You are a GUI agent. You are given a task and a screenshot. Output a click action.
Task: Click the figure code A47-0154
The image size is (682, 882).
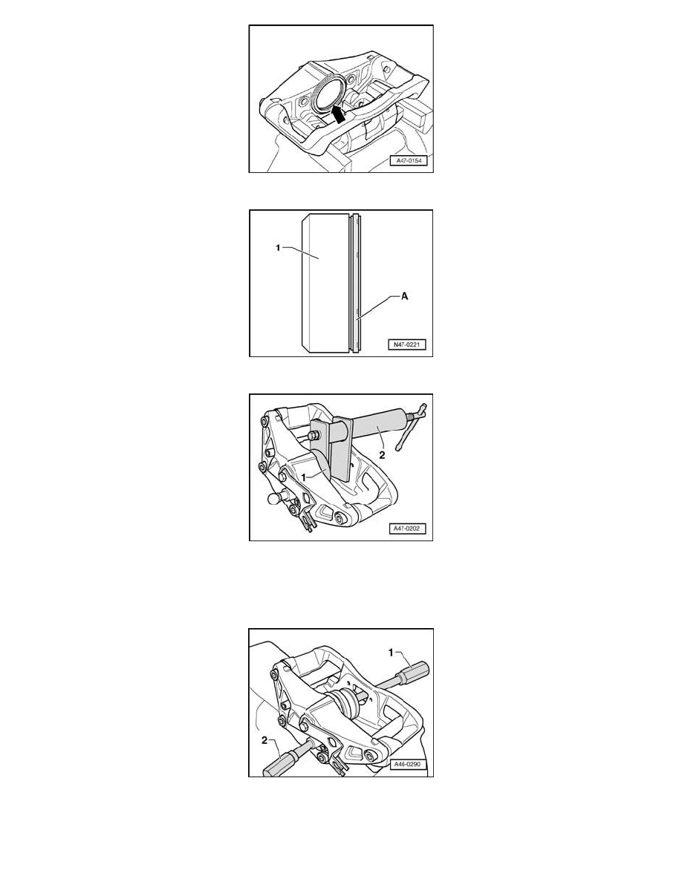(409, 161)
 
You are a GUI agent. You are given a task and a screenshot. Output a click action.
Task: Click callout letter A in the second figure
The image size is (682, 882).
(404, 296)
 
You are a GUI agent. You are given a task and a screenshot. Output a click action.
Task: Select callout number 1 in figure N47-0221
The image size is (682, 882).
(277, 247)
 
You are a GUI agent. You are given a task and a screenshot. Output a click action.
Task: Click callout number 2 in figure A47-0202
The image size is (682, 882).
(382, 455)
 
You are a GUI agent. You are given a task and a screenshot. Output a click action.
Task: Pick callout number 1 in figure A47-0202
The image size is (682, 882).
(303, 477)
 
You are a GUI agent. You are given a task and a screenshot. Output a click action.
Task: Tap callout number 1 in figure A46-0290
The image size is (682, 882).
(392, 653)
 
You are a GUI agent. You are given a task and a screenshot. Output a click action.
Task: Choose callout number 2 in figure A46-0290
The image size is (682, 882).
(264, 740)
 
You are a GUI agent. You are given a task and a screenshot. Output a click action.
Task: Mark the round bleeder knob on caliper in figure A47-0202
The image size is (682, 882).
(276, 498)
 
